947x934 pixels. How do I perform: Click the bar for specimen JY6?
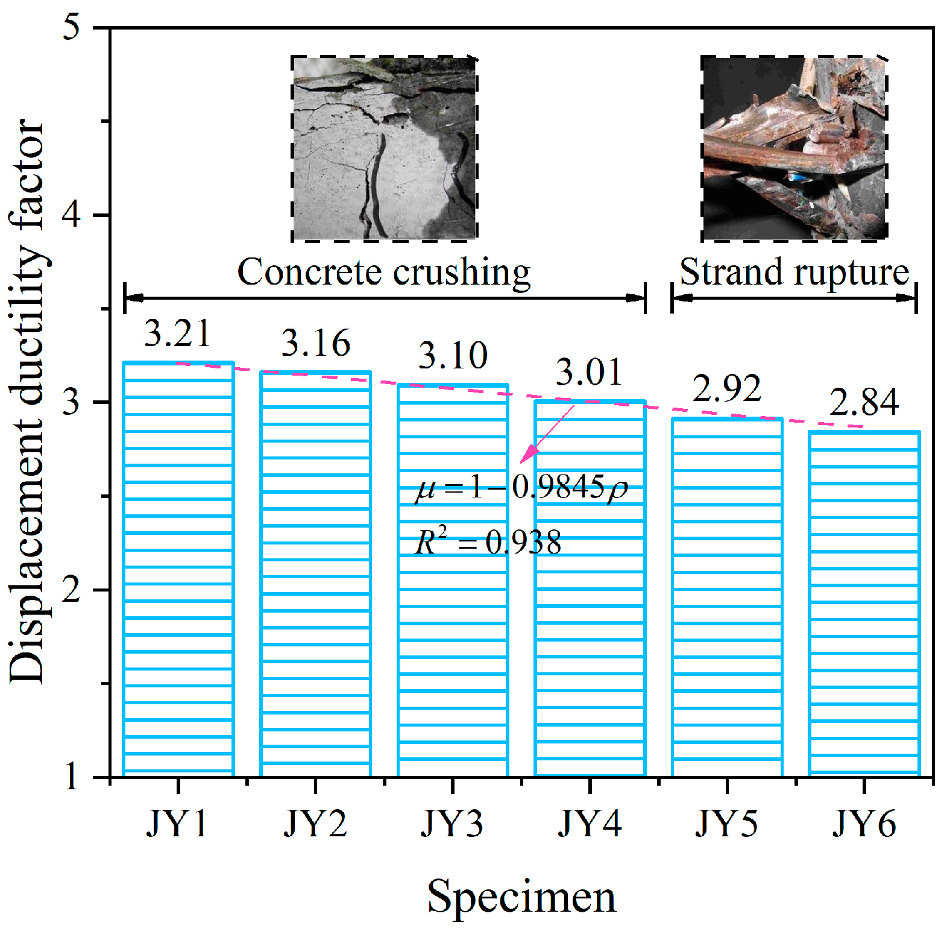[864, 603]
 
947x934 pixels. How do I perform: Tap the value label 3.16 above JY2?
[315, 343]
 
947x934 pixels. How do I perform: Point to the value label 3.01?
[589, 372]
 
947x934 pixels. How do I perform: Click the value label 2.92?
[726, 388]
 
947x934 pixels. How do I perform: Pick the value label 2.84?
[864, 402]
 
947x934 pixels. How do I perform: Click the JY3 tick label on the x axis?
[452, 823]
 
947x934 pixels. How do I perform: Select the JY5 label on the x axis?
[726, 823]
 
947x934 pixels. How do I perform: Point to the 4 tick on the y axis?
[72, 215]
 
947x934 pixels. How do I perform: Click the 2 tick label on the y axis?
[72, 589]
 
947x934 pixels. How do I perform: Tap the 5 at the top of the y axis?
[72, 28]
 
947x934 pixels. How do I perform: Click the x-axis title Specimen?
[521, 897]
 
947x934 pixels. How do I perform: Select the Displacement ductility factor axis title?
[27, 401]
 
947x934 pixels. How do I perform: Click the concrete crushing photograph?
[385, 149]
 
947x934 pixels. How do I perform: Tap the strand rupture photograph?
[794, 149]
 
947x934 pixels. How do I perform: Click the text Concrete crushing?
[384, 272]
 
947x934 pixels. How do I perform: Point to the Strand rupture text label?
[794, 272]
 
